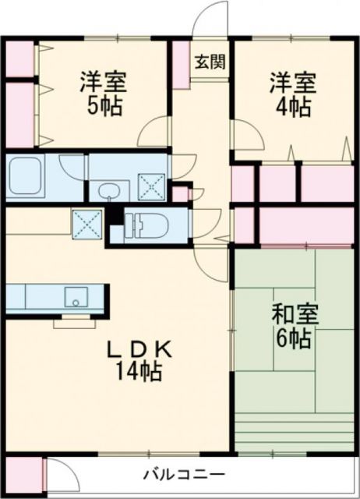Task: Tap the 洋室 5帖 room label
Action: [102, 93]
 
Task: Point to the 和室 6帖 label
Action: [291, 327]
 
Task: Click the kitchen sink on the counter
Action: [76, 296]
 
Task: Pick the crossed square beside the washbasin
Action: [150, 186]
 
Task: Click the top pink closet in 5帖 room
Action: [20, 58]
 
